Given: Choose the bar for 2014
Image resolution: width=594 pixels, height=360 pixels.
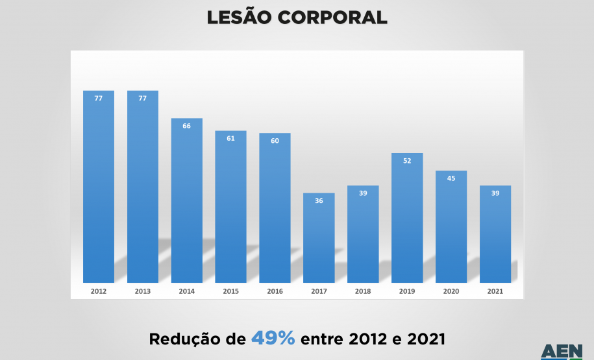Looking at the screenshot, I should [x=187, y=200].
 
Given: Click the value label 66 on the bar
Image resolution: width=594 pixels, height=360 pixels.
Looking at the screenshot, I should [x=187, y=126].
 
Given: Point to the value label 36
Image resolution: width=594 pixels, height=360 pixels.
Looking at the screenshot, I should [x=319, y=201].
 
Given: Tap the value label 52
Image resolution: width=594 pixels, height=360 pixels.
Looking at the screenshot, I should [x=407, y=161].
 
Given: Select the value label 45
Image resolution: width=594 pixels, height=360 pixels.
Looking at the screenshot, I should [x=451, y=179].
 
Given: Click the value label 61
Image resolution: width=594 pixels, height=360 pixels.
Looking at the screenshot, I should [x=230, y=138].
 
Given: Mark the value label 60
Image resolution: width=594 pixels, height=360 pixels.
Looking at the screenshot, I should [x=275, y=141].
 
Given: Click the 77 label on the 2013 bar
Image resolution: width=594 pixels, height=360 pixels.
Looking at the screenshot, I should [x=143, y=99].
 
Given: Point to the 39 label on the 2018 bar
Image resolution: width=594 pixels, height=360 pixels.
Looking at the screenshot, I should [x=363, y=193].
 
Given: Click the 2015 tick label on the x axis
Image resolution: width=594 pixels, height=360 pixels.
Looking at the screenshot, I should [x=230, y=292].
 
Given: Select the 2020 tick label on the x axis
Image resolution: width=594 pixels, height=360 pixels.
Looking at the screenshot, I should [x=451, y=292].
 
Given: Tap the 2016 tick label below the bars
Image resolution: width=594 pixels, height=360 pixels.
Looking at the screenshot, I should [x=275, y=292].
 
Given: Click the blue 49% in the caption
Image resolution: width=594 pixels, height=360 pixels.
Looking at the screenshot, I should [x=273, y=338].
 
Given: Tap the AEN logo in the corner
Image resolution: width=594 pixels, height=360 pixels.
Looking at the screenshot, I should [x=562, y=352].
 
